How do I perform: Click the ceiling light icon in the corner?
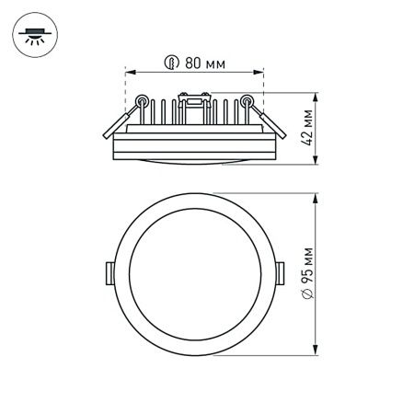[34, 35]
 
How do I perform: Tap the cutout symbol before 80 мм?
[171, 63]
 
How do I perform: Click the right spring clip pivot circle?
[247, 100]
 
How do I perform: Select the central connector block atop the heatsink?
[194, 101]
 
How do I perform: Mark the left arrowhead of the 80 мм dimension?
[127, 71]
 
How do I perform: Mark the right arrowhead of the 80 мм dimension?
[262, 71]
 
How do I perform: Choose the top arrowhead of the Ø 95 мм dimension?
[317, 195]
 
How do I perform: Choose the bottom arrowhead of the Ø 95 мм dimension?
[317, 352]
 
